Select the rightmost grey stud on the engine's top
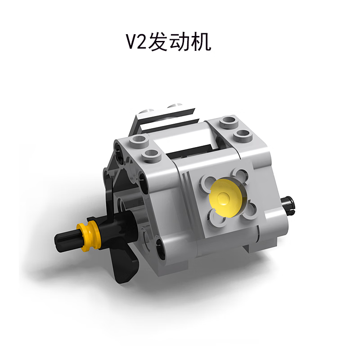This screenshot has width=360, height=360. (243, 134)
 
